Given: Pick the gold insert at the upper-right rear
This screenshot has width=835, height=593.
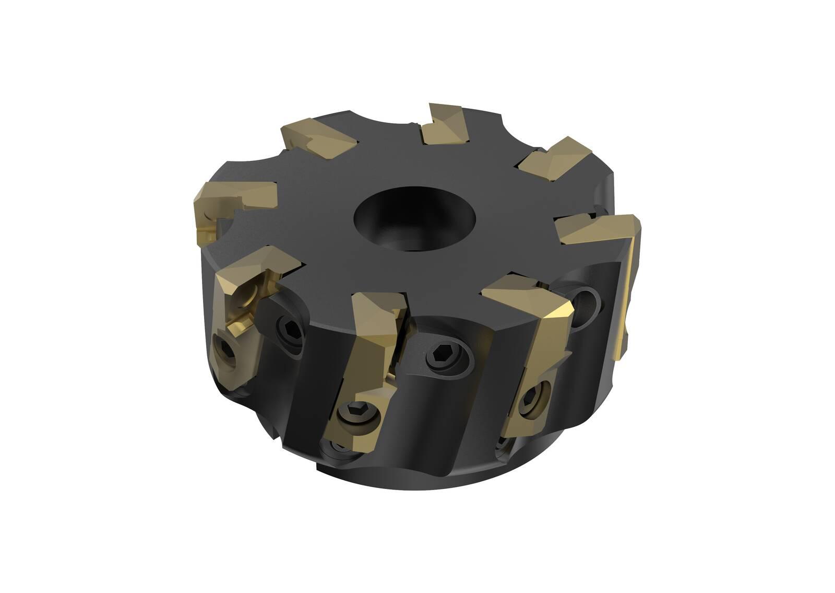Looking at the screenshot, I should [x=553, y=157].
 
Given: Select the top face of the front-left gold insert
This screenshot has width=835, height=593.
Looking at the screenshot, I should [x=256, y=266].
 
